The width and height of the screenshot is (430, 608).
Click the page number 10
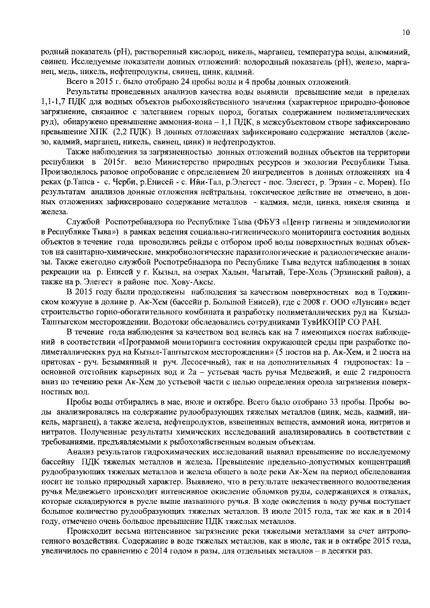click(406, 32)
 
